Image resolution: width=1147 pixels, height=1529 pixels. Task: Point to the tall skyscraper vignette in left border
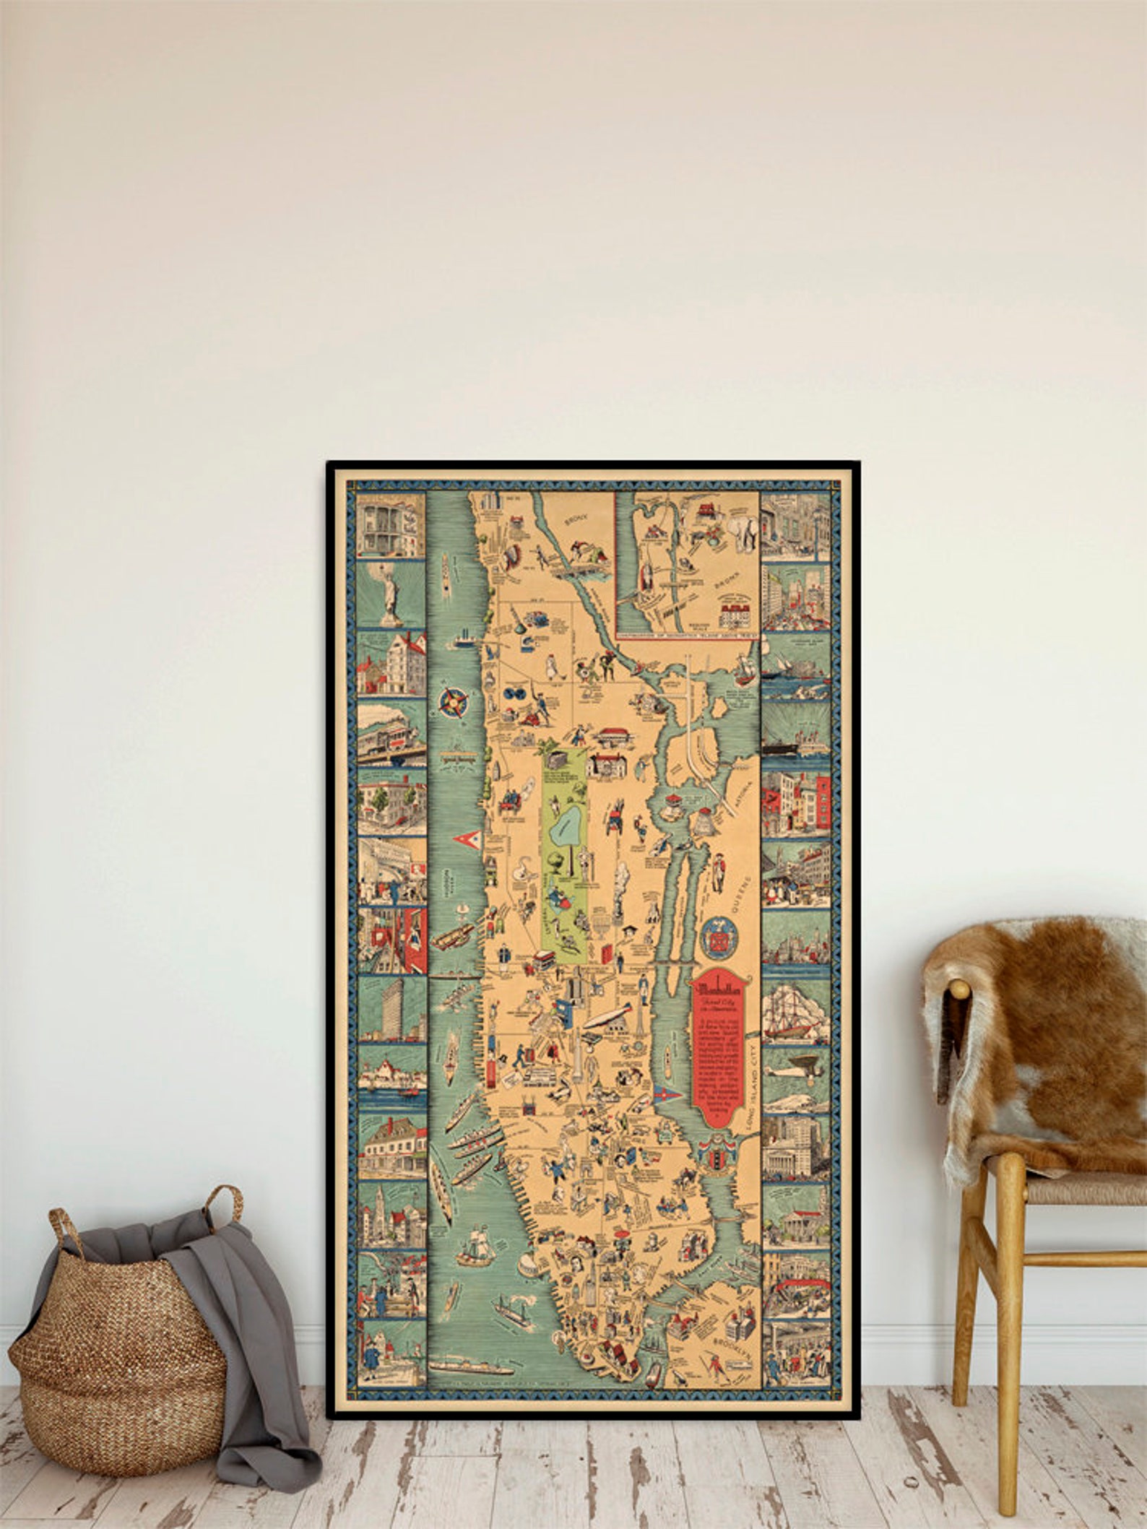tap(389, 1008)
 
